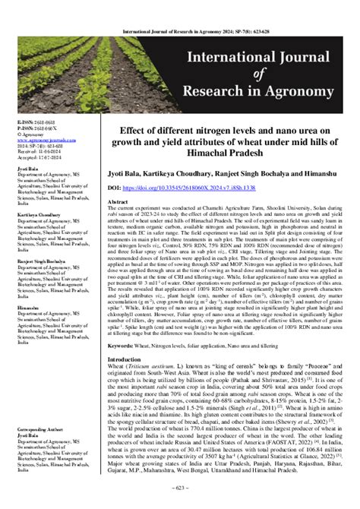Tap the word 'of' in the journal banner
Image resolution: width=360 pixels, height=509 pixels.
click(x=230, y=73)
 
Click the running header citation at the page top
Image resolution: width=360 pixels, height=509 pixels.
click(x=180, y=9)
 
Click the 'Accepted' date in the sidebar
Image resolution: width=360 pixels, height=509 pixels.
click(x=24, y=159)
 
